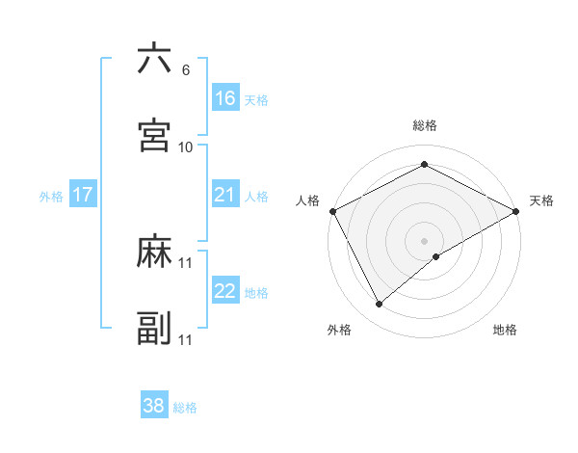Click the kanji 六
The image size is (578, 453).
[x=154, y=60]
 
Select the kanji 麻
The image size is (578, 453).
[x=154, y=253]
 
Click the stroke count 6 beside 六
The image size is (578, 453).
[x=185, y=70]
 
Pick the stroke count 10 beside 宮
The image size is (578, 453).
[x=186, y=147]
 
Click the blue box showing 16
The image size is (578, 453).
[x=224, y=98]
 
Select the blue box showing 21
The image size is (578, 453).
[x=224, y=195]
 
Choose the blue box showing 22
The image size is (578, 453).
[x=224, y=291]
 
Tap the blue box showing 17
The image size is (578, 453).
[x=83, y=195]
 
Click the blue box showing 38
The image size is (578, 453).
[x=153, y=406]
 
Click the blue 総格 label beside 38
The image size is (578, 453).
[x=185, y=408]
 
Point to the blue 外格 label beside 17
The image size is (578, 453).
[x=51, y=197]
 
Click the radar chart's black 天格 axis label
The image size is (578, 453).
[x=542, y=200]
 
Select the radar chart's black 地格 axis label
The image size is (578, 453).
[x=505, y=330]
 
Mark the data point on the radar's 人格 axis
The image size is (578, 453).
[x=332, y=210]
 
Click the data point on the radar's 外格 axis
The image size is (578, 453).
[x=379, y=305]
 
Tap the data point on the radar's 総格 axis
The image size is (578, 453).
[x=424, y=164]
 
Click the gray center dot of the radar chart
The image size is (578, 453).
[x=424, y=240]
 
